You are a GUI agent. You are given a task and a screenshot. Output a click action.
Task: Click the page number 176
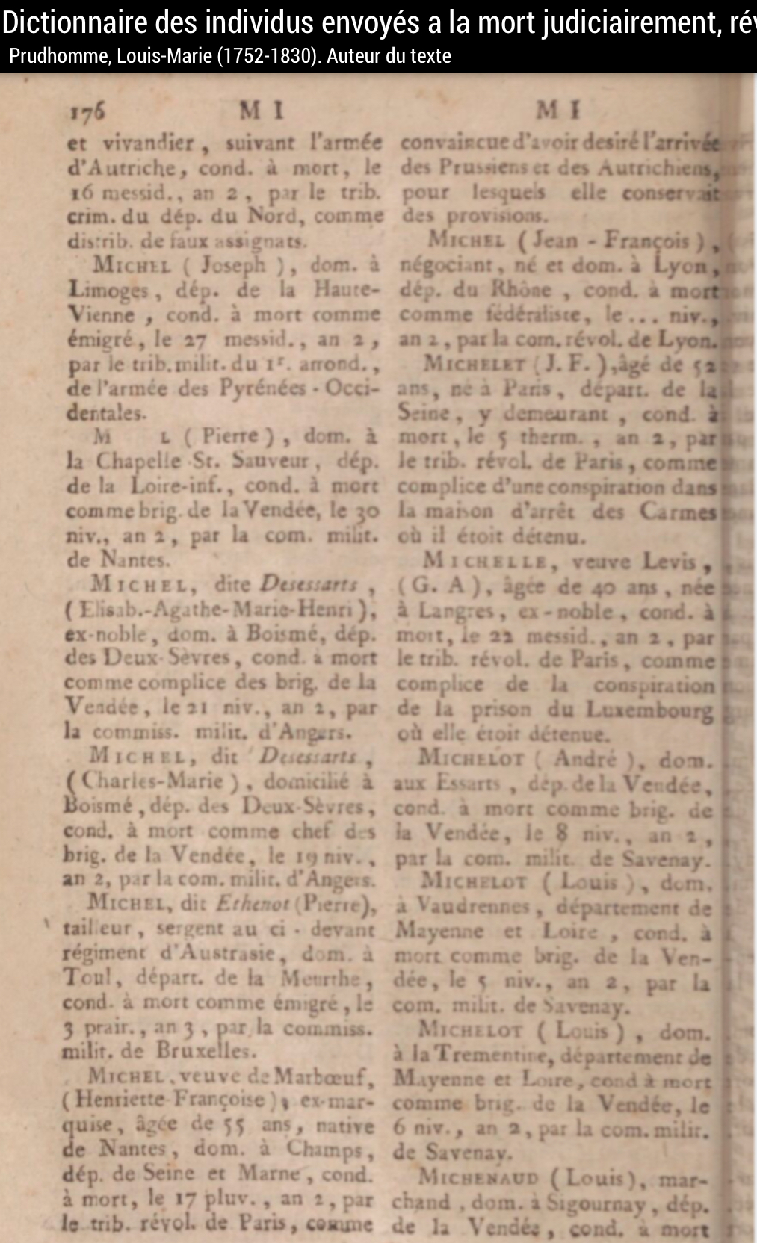click(x=87, y=112)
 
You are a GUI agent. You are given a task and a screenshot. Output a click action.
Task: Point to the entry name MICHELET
click(x=474, y=364)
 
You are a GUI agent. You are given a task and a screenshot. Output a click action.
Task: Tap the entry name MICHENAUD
click(x=478, y=1178)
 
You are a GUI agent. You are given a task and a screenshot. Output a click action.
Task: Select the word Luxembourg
click(x=649, y=709)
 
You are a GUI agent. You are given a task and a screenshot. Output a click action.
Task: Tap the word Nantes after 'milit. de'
click(x=135, y=559)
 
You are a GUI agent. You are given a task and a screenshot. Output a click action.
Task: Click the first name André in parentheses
click(x=584, y=759)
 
